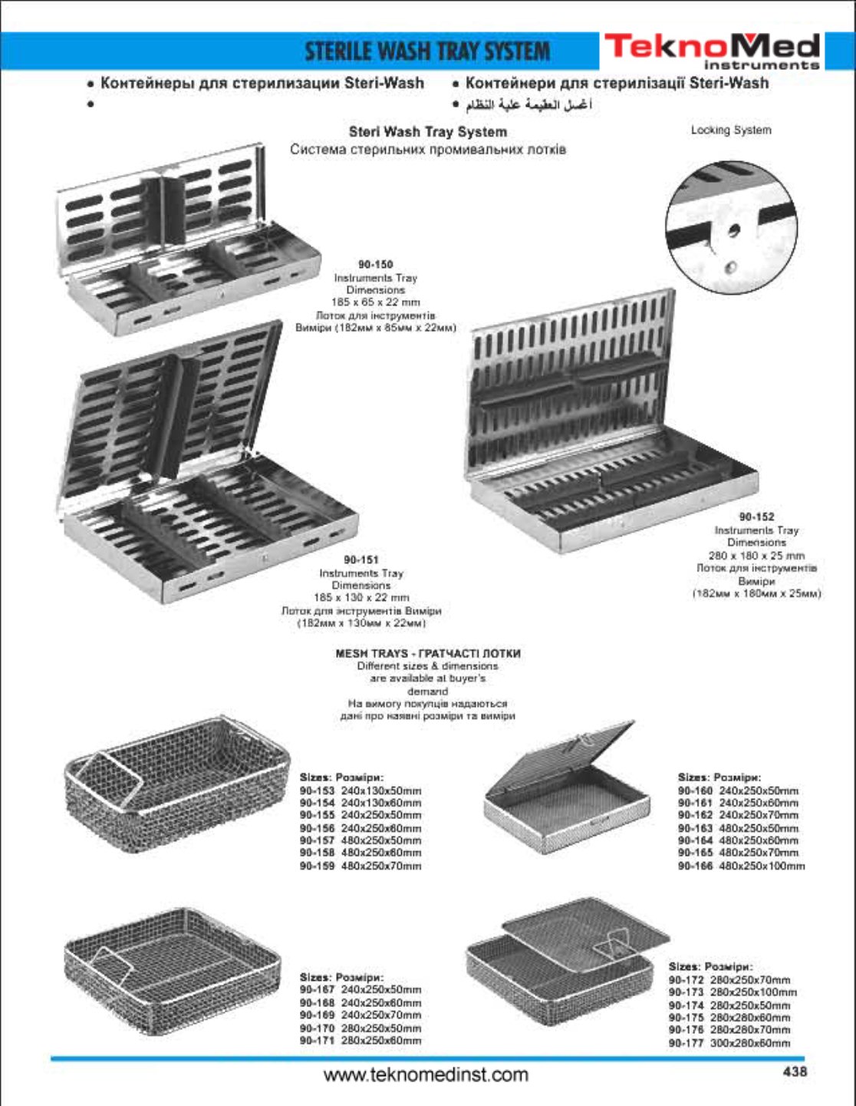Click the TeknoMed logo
pyautogui.click(x=712, y=51)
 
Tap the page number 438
pyautogui.click(x=795, y=1071)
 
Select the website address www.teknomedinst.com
pyautogui.click(x=426, y=1074)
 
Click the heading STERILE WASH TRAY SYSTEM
pyautogui.click(x=427, y=51)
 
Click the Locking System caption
pyautogui.click(x=730, y=130)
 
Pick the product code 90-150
pyautogui.click(x=375, y=265)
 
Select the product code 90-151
pyautogui.click(x=361, y=560)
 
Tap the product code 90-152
pyautogui.click(x=756, y=517)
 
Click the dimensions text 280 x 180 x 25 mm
pyautogui.click(x=756, y=555)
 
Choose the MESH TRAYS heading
pyautogui.click(x=428, y=654)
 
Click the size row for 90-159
pyautogui.click(x=361, y=866)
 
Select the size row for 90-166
pyautogui.click(x=741, y=866)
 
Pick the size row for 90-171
pyautogui.click(x=361, y=1041)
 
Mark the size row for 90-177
pyautogui.click(x=729, y=1043)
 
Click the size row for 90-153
pyautogui.click(x=361, y=791)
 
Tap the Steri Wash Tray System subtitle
pyautogui.click(x=427, y=132)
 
